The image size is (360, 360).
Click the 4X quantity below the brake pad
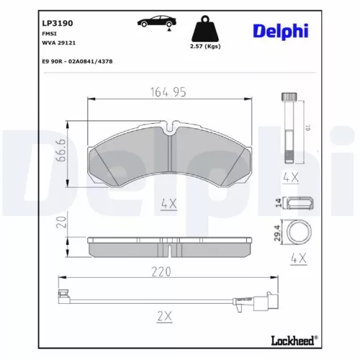coord(168,204)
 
